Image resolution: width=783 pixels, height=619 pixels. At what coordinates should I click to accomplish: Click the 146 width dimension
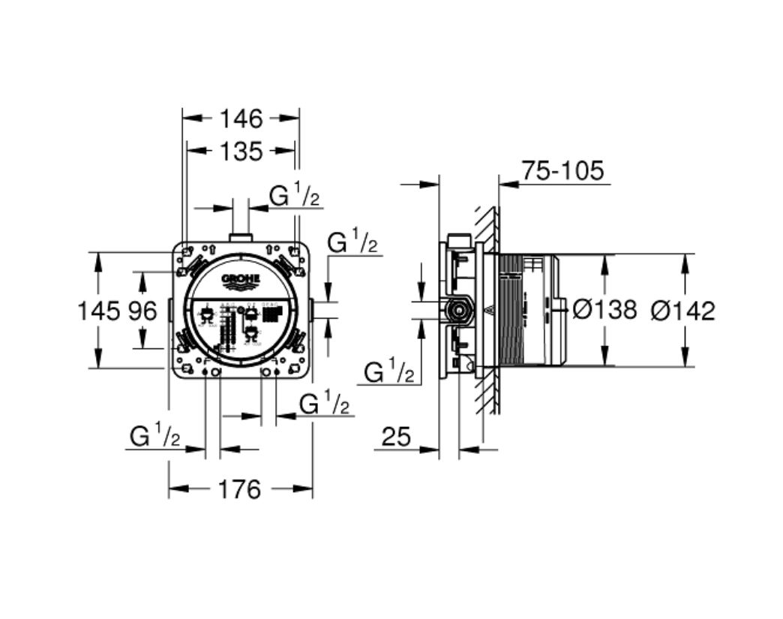tap(241, 118)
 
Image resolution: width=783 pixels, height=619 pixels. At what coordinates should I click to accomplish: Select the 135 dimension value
tap(241, 151)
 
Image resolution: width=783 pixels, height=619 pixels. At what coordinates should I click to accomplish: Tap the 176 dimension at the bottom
tap(240, 490)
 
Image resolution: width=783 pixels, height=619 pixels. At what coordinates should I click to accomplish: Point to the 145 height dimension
tap(97, 310)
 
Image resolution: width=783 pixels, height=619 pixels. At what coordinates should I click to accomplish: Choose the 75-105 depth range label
tap(562, 171)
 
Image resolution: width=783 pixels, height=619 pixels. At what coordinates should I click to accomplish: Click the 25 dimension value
tap(396, 437)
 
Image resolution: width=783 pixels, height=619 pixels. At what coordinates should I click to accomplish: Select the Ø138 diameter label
tap(604, 309)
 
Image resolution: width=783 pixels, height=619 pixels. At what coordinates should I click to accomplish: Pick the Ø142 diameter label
tap(683, 309)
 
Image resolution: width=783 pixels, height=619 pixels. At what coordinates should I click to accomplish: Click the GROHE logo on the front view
tap(241, 281)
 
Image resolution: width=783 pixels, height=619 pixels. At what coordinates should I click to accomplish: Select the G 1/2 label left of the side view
tap(389, 371)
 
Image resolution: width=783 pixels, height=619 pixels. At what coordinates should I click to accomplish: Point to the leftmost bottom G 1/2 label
tap(154, 435)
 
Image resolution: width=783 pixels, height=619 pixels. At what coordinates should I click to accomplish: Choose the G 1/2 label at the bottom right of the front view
tap(325, 404)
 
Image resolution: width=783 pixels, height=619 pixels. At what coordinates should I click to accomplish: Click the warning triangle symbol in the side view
tap(489, 310)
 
